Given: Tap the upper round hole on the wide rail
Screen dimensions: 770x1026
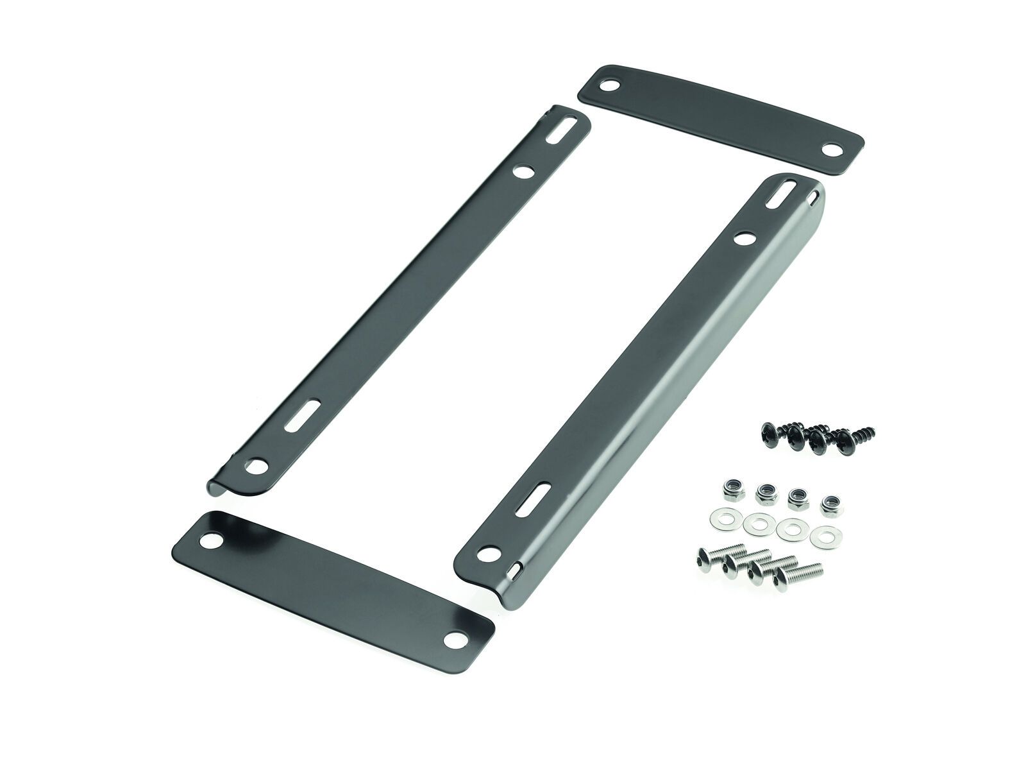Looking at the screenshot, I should (x=744, y=238).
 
